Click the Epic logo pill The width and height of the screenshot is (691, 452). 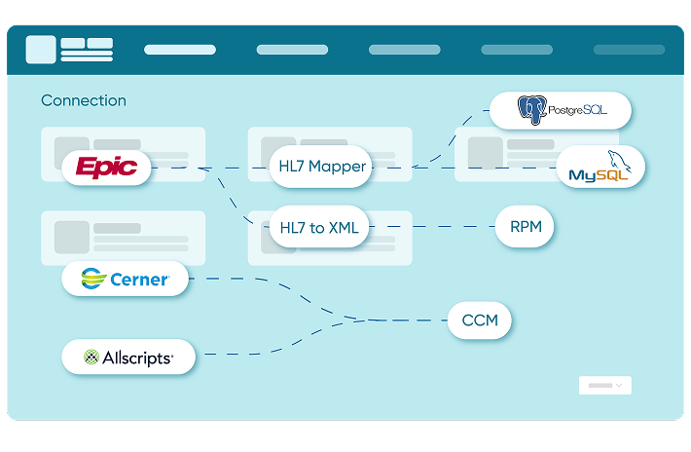click(107, 168)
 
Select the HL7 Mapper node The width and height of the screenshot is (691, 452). click(321, 167)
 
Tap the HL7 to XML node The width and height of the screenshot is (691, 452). click(318, 228)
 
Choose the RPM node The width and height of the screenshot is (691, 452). click(525, 228)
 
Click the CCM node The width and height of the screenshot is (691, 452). click(479, 320)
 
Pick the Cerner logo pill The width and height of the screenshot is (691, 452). click(125, 280)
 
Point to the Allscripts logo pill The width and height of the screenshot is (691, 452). click(128, 358)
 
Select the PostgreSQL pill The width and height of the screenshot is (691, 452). click(561, 110)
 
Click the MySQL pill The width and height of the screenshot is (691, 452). click(600, 168)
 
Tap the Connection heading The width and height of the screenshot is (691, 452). click(84, 100)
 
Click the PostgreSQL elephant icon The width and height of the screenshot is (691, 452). click(530, 110)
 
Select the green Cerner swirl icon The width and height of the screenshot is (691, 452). click(93, 280)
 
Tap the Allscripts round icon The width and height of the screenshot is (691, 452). click(91, 358)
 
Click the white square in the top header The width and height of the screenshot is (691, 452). click(41, 50)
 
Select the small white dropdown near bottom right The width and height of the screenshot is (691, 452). click(604, 386)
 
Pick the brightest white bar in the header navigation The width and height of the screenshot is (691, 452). click(180, 50)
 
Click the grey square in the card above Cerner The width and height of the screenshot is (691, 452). click(72, 237)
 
